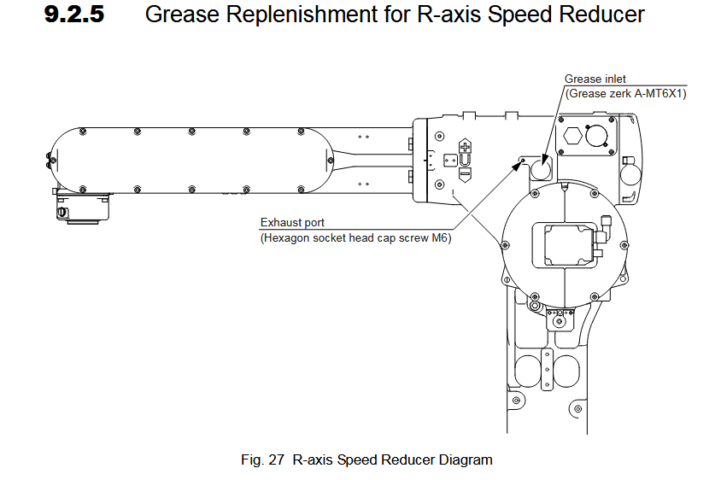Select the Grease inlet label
click(595, 79)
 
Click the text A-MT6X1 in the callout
click(659, 92)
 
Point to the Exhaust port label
click(292, 224)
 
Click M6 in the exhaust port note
click(440, 238)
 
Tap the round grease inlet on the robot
click(541, 169)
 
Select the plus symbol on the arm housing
click(466, 146)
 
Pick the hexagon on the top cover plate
click(573, 135)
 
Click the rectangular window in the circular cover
click(565, 245)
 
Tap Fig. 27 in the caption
click(264, 460)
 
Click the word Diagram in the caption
click(466, 460)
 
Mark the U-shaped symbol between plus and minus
click(465, 159)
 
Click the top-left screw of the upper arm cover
click(82, 131)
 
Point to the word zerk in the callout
click(620, 92)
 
